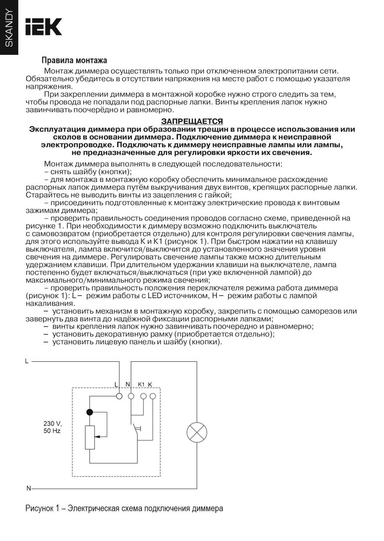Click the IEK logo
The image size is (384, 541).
pos(44,27)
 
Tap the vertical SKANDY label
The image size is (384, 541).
pos(9,28)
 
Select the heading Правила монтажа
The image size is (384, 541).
pos(74,60)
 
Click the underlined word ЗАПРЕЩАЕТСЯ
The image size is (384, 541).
pos(192,121)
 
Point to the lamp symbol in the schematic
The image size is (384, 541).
pos(197,432)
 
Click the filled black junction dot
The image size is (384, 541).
pos(89,412)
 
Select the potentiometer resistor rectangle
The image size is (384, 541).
pos(90,438)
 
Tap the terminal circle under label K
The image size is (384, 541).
pos(153,396)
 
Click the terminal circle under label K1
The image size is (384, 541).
pos(143,396)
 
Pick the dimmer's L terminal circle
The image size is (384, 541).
pos(119,396)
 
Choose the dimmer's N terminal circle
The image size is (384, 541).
pos(131,396)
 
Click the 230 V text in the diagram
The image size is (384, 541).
pos(52,423)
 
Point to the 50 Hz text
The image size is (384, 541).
pos(52,431)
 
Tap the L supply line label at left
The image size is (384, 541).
pos(27,361)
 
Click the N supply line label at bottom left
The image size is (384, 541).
pos(28,489)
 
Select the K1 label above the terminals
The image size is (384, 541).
pos(141,384)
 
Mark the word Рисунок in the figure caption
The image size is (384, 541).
pos(39,509)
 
